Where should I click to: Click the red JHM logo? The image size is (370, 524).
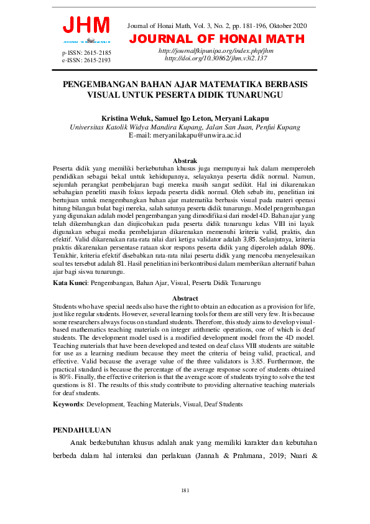[x=86, y=26]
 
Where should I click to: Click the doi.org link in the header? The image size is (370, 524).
[x=216, y=57]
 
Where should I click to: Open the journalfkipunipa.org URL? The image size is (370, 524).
[x=216, y=50]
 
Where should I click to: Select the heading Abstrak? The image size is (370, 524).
[x=185, y=161]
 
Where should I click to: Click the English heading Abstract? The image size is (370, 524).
[x=185, y=299]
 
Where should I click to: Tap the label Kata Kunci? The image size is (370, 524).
[x=70, y=283]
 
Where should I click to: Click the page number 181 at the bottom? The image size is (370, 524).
[x=185, y=491]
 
